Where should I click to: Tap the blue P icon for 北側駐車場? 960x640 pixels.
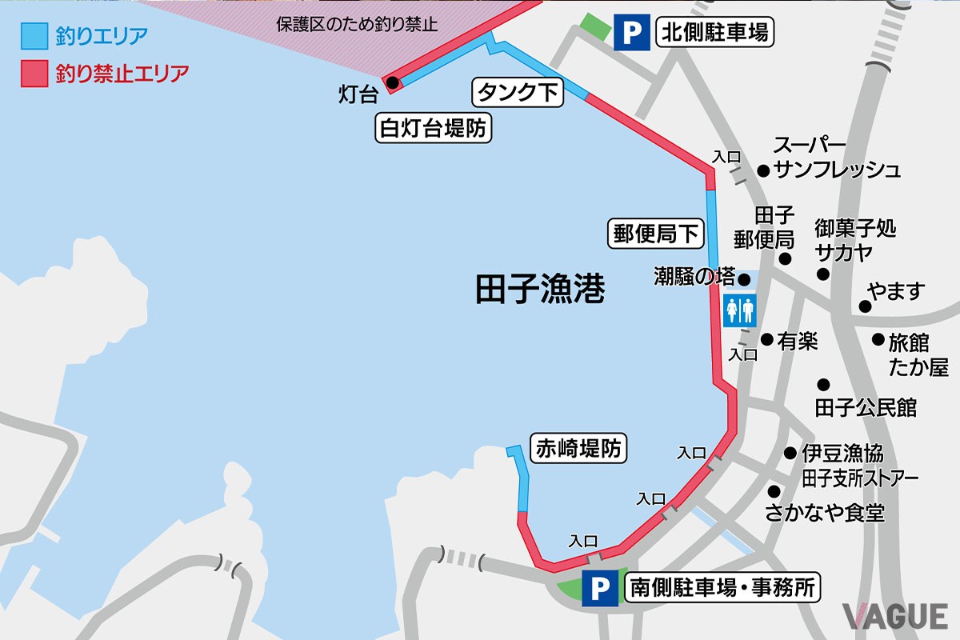632,34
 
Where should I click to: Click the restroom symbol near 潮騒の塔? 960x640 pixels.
740,310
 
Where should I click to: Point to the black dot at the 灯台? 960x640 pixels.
392,82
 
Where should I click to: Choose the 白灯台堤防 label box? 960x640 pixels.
433,128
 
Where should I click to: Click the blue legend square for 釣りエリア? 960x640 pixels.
34,36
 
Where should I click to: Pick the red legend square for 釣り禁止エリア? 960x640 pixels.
34,74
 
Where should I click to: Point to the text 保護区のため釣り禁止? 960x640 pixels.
357,24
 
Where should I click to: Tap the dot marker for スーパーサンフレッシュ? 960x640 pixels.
762,170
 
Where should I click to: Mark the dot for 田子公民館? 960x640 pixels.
823,384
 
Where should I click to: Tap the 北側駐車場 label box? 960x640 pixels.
714,33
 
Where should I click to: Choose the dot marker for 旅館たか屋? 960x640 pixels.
878,339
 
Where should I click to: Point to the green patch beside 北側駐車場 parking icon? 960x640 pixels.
595,28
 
